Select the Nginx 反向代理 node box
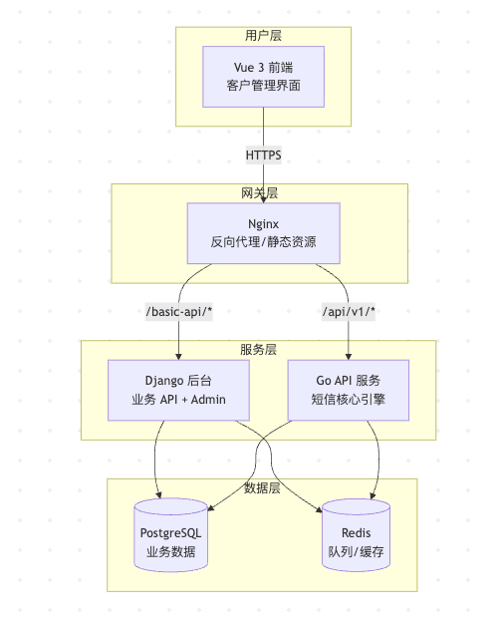(263, 233)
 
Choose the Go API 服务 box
(348, 390)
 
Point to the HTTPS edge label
(263, 156)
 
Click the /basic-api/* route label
(179, 312)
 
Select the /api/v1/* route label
(348, 312)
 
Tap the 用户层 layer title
(263, 35)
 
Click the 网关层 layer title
(260, 191)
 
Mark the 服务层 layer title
(258, 349)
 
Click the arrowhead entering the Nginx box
(263, 199)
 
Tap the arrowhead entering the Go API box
(348, 356)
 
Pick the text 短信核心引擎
(348, 400)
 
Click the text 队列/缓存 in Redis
(356, 551)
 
